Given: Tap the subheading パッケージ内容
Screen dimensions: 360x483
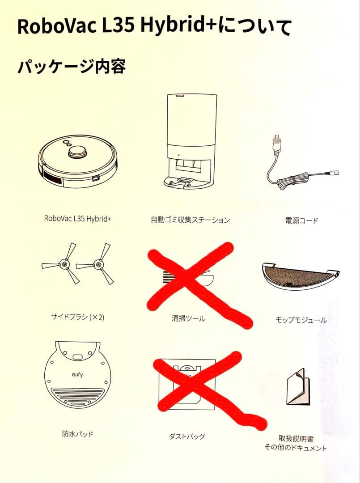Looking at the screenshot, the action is (x=72, y=66).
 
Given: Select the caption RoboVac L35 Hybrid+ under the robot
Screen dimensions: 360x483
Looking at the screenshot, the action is (x=78, y=219).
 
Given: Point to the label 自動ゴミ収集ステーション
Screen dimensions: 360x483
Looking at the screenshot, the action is (x=191, y=220).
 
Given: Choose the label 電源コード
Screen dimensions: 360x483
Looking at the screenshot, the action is (x=301, y=220).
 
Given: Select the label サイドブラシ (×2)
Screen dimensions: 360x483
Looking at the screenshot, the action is (x=78, y=317).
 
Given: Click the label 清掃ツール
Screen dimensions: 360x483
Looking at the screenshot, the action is (x=188, y=318).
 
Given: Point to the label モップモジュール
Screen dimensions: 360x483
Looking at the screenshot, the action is (x=301, y=320).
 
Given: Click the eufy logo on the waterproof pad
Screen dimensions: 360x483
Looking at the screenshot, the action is (x=77, y=375).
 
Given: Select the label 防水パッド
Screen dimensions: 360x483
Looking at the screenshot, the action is (x=78, y=434).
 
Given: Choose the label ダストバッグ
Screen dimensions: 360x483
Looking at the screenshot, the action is (x=187, y=436).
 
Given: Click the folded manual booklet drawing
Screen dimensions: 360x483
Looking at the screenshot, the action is (x=298, y=387).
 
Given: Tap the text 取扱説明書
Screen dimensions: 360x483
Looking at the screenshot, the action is (x=296, y=438).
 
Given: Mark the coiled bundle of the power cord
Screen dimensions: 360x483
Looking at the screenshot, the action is (x=291, y=181).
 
